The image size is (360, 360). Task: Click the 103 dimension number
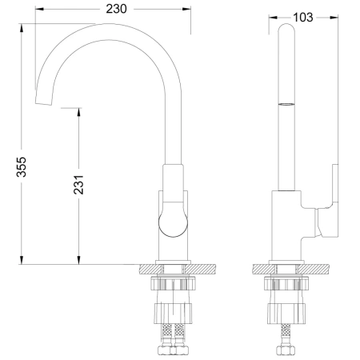coord(303,17)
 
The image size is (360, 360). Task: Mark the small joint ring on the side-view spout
coord(286,104)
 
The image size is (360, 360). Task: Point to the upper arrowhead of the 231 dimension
coord(79,112)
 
